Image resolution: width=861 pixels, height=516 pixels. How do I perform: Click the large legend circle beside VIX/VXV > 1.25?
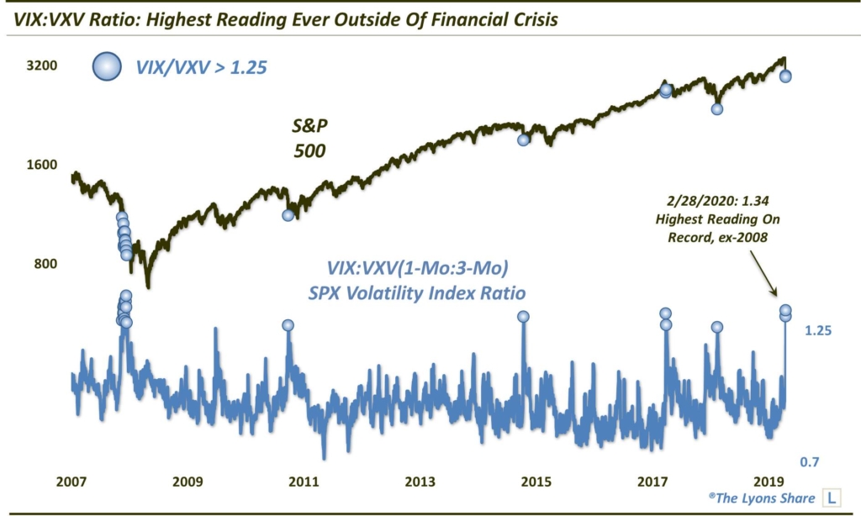[108, 66]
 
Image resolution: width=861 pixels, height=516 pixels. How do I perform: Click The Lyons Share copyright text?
[761, 498]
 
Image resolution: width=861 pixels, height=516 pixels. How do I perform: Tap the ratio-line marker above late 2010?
[288, 325]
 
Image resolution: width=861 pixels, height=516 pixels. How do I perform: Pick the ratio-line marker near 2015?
[523, 317]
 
